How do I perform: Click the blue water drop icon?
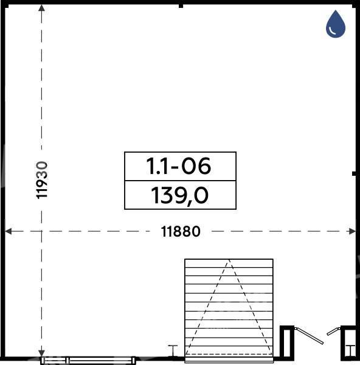pyautogui.click(x=335, y=24)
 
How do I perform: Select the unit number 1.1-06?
pyautogui.click(x=179, y=165)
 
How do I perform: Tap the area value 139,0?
pyautogui.click(x=179, y=196)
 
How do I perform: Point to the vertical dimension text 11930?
pyautogui.click(x=42, y=180)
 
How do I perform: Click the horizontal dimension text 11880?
pyautogui.click(x=181, y=231)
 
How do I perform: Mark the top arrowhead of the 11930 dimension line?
pyautogui.click(x=41, y=8)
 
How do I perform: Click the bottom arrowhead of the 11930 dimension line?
pyautogui.click(x=41, y=353)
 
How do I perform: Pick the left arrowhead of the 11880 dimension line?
pyautogui.click(x=8, y=231)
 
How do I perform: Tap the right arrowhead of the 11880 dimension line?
pyautogui.click(x=353, y=231)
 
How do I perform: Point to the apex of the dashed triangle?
pyautogui.click(x=229, y=260)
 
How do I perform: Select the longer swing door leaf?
pyautogui.click(x=309, y=335)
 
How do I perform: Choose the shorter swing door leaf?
pyautogui.click(x=333, y=332)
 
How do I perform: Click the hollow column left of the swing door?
pyautogui.click(x=287, y=343)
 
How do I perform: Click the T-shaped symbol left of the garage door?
pyautogui.click(x=173, y=351)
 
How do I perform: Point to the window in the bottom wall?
pyautogui.click(x=88, y=360)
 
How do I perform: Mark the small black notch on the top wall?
pyautogui.click(x=181, y=6)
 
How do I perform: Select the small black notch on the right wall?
pyautogui.click(x=354, y=173)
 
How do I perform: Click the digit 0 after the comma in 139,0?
pyautogui.click(x=201, y=195)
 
